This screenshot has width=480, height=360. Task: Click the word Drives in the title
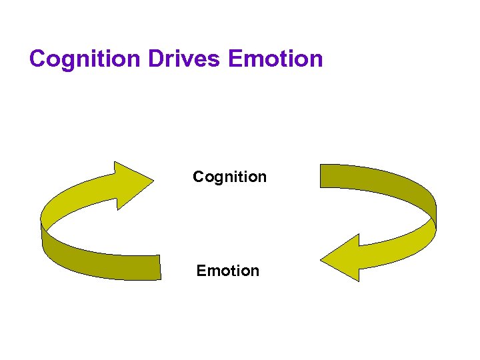pyautogui.click(x=185, y=59)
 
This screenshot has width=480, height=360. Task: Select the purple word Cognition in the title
pyautogui.click(x=85, y=59)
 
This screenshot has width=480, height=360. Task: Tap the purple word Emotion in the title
pyautogui.click(x=275, y=59)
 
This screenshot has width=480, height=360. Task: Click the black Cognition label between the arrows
pyautogui.click(x=229, y=177)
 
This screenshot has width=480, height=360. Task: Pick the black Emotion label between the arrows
pyautogui.click(x=227, y=271)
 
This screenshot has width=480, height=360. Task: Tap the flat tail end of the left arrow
pyautogui.click(x=159, y=267)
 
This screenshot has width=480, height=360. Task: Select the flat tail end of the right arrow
pyautogui.click(x=323, y=175)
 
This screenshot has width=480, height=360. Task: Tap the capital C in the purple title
pyautogui.click(x=38, y=59)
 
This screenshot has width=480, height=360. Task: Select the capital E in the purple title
pyautogui.click(x=235, y=59)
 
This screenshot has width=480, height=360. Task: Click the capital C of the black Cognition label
pyautogui.click(x=198, y=177)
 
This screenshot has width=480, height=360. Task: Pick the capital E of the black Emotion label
pyautogui.click(x=201, y=271)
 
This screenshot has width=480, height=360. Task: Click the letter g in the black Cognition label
pyautogui.click(x=216, y=179)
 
